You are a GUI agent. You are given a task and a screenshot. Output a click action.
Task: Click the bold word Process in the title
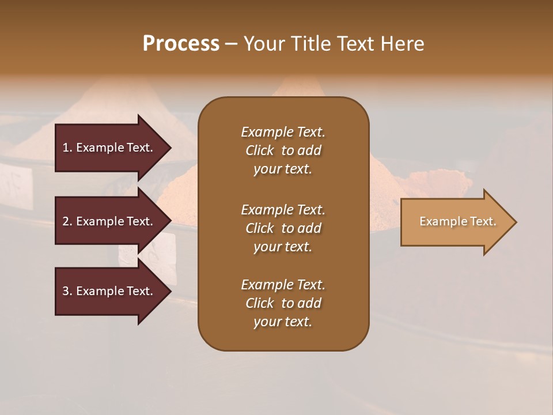[x=181, y=44]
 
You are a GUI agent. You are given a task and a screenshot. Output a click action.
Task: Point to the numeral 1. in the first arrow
[x=67, y=148]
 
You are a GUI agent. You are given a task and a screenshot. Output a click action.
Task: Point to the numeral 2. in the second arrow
[x=67, y=221]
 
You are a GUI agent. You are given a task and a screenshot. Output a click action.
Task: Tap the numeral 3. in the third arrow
[x=67, y=291]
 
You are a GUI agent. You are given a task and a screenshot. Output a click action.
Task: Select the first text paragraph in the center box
[x=283, y=150]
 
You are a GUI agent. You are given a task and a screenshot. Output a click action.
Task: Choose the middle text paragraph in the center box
[x=283, y=228]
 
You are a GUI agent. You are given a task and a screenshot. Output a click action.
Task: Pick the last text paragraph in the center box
[x=283, y=303]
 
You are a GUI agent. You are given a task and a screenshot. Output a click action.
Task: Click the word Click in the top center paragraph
[x=260, y=150]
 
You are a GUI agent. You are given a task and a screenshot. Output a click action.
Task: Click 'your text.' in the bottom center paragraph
[x=283, y=322]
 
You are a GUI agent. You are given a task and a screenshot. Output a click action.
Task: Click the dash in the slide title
[x=231, y=44]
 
